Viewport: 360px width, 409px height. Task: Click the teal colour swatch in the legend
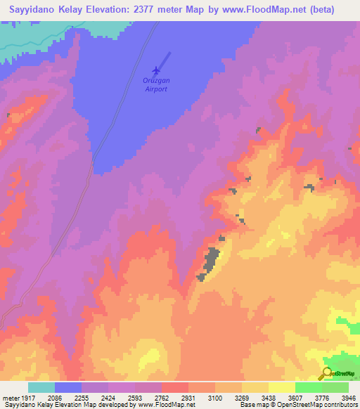pyautogui.click(x=41, y=387)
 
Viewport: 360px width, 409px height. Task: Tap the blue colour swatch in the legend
pyautogui.click(x=68, y=387)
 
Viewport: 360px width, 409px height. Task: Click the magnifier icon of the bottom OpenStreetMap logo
pyautogui.click(x=326, y=373)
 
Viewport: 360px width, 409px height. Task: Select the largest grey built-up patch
pyautogui.click(x=210, y=261)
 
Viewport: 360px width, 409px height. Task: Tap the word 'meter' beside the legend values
pyautogui.click(x=11, y=398)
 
